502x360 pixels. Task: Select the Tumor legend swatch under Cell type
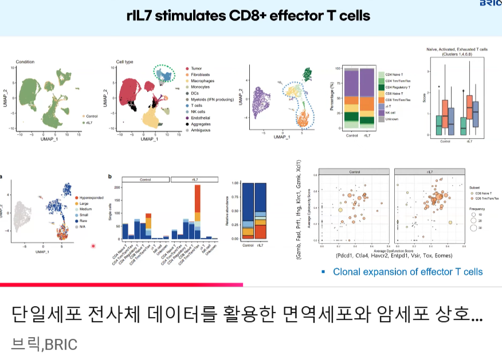(187, 69)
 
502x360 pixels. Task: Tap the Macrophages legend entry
(203, 81)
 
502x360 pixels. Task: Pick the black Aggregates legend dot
(187, 124)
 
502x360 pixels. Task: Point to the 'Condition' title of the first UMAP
(26, 61)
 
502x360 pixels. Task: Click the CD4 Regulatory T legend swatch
(381, 87)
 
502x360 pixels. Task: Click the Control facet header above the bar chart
(146, 179)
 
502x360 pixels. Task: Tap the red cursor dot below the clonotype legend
(93, 246)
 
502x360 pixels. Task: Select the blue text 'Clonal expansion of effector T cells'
(407, 272)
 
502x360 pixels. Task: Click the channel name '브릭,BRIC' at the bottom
(44, 344)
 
